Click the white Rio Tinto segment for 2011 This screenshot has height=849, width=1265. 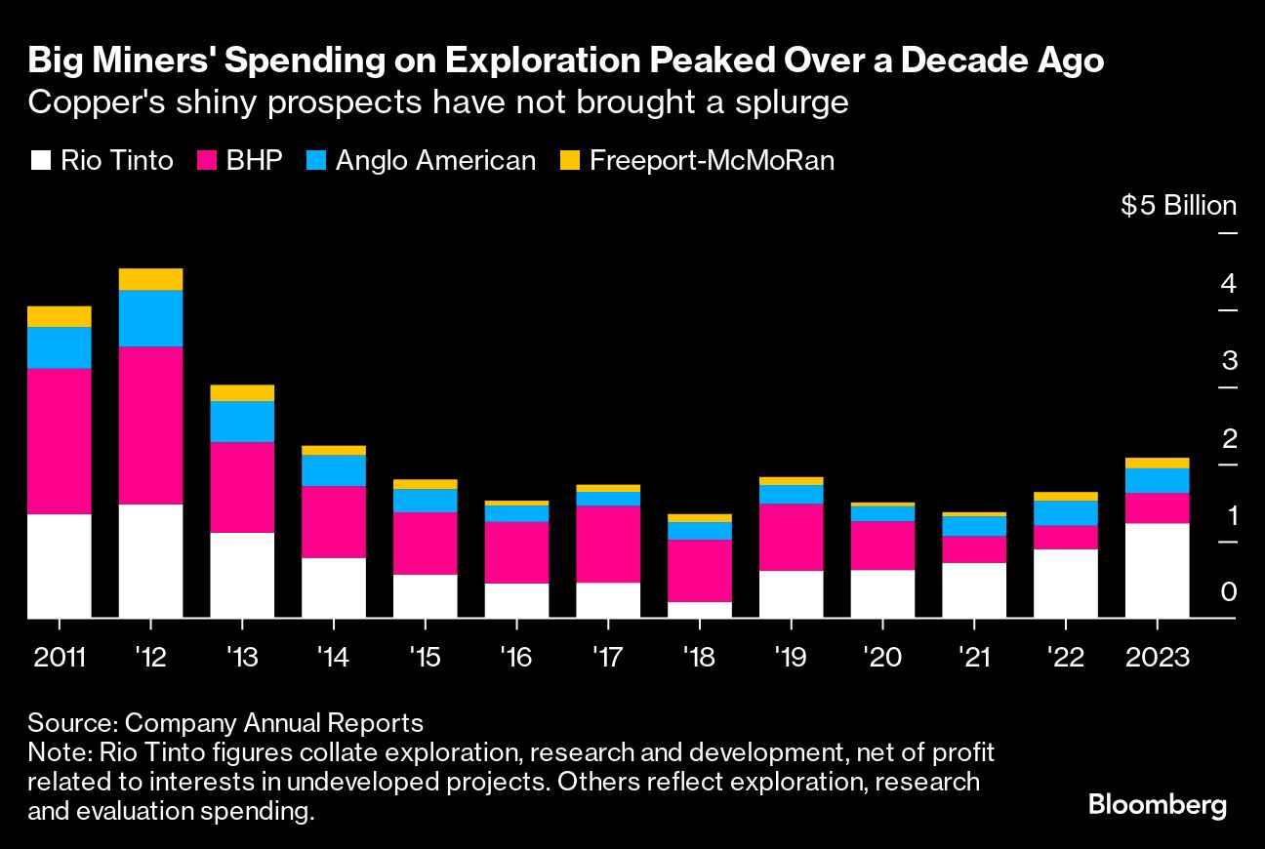click(x=60, y=565)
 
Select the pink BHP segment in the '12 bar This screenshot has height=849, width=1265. click(x=150, y=424)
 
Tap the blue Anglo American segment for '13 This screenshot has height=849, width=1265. click(x=242, y=422)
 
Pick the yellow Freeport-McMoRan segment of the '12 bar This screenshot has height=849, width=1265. click(x=150, y=279)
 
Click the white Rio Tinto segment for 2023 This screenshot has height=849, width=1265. click(x=1157, y=570)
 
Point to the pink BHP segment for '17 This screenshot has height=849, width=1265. click(x=608, y=544)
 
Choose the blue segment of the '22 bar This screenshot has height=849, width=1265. click(x=1065, y=512)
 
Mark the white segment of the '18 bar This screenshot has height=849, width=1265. click(x=699, y=609)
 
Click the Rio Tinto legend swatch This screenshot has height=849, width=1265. click(x=40, y=161)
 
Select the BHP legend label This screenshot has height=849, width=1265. click(x=254, y=161)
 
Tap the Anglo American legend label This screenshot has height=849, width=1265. click(x=435, y=161)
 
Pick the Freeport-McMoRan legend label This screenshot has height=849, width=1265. click(x=713, y=161)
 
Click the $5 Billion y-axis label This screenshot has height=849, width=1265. click(x=1178, y=206)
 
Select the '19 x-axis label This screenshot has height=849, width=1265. click(x=791, y=657)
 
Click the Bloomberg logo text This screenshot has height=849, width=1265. click(x=1157, y=806)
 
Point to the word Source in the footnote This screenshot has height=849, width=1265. click(x=70, y=723)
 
